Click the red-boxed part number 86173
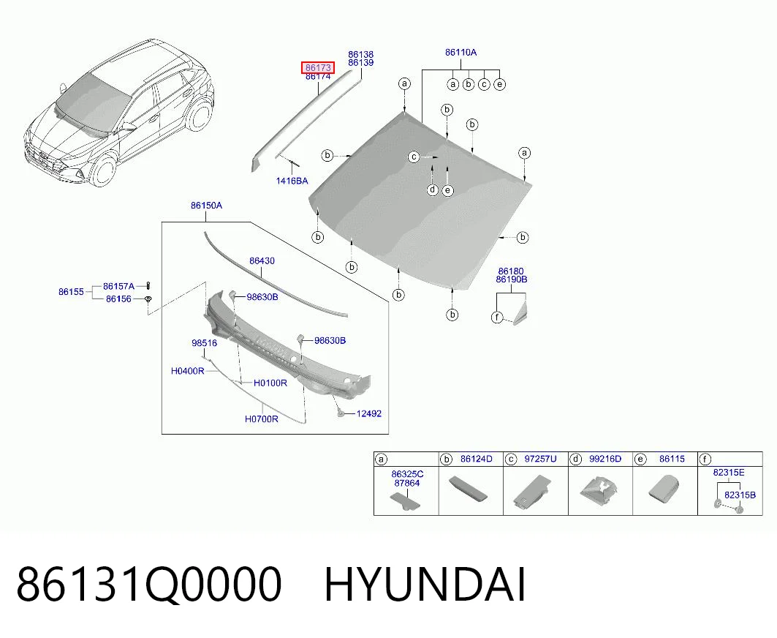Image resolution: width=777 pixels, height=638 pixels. point(318,67)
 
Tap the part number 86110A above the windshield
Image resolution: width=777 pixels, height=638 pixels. point(460,52)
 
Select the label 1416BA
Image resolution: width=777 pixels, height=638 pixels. point(292,181)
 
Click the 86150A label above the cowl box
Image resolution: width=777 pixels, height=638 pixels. point(207,206)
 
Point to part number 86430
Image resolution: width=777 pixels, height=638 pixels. point(262,260)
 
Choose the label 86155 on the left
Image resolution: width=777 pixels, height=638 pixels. point(72,292)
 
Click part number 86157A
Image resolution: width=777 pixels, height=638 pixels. point(118,286)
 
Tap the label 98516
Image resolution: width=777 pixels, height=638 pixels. point(204,343)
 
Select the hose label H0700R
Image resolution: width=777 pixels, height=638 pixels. point(261,419)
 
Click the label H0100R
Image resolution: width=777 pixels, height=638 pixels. point(270,383)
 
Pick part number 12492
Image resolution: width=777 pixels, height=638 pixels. point(369,413)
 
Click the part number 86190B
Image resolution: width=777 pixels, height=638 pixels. point(512,279)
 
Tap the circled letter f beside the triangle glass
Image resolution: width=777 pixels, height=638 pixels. point(497,317)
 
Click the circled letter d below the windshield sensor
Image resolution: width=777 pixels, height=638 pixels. point(433,189)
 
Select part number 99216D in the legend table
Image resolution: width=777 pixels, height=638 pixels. point(605,459)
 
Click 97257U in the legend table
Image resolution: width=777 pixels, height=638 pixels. point(540,459)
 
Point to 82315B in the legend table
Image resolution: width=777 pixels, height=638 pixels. point(740,495)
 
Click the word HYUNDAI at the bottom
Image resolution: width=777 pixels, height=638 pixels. point(425,585)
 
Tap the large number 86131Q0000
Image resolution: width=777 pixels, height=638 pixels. point(149,585)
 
